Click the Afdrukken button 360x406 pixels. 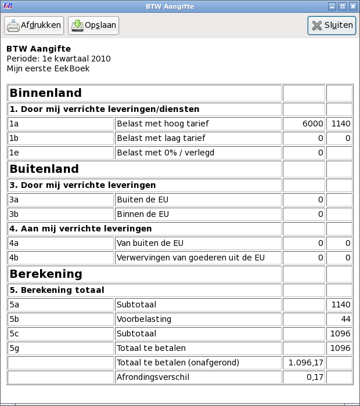34,26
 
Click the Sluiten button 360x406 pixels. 332,26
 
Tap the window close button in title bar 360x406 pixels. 352,6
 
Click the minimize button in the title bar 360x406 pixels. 332,6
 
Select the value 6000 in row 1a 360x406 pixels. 312,124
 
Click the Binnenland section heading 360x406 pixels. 46,93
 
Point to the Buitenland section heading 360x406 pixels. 44,169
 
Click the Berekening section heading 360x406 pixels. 46,274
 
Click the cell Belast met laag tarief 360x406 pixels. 161,139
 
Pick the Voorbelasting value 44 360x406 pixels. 345,319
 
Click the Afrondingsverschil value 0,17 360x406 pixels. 314,378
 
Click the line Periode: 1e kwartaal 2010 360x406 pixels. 59,59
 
